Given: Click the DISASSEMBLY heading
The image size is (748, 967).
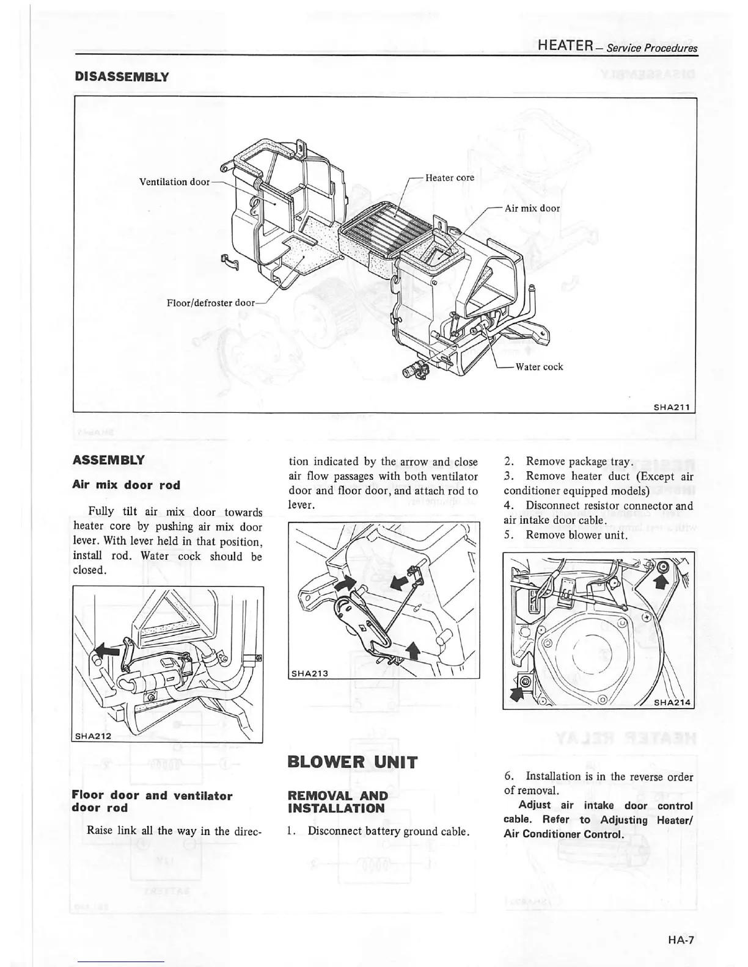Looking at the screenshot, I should pos(121,77).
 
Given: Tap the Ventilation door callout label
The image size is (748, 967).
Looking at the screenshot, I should pos(174,182).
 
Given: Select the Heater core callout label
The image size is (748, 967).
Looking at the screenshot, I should pos(450,178).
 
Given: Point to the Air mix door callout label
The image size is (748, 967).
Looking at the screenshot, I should pos(532,208).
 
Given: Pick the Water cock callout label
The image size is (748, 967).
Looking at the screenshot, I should pos(539,367).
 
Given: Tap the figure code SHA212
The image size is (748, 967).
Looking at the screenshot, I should pos(93,736).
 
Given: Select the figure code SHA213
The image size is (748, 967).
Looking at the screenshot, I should pos(310,673).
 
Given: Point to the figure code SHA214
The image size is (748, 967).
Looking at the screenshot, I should pos(672,703).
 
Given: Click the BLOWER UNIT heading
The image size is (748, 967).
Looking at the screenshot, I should pos(353,762).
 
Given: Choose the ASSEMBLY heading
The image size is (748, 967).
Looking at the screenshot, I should pos(108,460).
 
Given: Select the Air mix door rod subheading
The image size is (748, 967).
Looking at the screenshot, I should pos(127,485).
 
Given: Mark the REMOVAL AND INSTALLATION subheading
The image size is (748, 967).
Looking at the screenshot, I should pos(337,802).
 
